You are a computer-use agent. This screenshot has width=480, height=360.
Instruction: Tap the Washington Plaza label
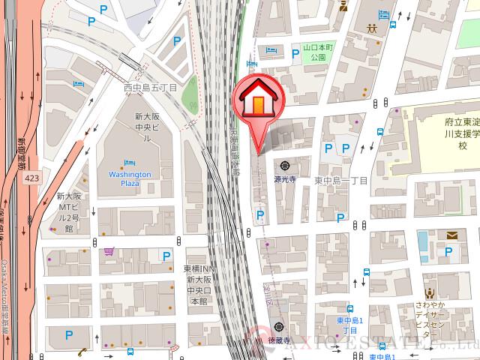pos(130,178)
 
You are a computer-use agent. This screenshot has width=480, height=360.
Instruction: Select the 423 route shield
pos(31,178)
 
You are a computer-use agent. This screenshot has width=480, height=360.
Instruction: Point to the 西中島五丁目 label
pos(150,88)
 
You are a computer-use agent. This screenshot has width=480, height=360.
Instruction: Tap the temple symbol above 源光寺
pos(286,166)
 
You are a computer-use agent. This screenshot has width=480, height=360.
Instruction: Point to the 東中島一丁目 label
pos(341,181)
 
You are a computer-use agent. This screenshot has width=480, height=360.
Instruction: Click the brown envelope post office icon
pos(452,235)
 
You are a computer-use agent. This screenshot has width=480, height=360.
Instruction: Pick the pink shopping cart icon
pos(109,252)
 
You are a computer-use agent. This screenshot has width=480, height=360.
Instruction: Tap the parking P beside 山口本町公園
pos(271,50)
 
